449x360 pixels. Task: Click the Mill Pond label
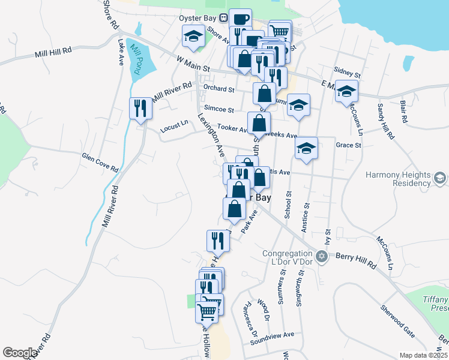click(x=136, y=59)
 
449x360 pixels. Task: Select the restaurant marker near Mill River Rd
click(x=140, y=109)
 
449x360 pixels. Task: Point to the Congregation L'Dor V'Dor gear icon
click(x=322, y=256)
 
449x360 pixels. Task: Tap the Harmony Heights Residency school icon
click(x=440, y=178)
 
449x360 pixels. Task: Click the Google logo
click(x=20, y=353)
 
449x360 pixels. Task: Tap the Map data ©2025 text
click(x=424, y=355)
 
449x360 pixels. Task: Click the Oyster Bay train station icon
click(x=223, y=17)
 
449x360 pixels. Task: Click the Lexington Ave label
click(x=212, y=134)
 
